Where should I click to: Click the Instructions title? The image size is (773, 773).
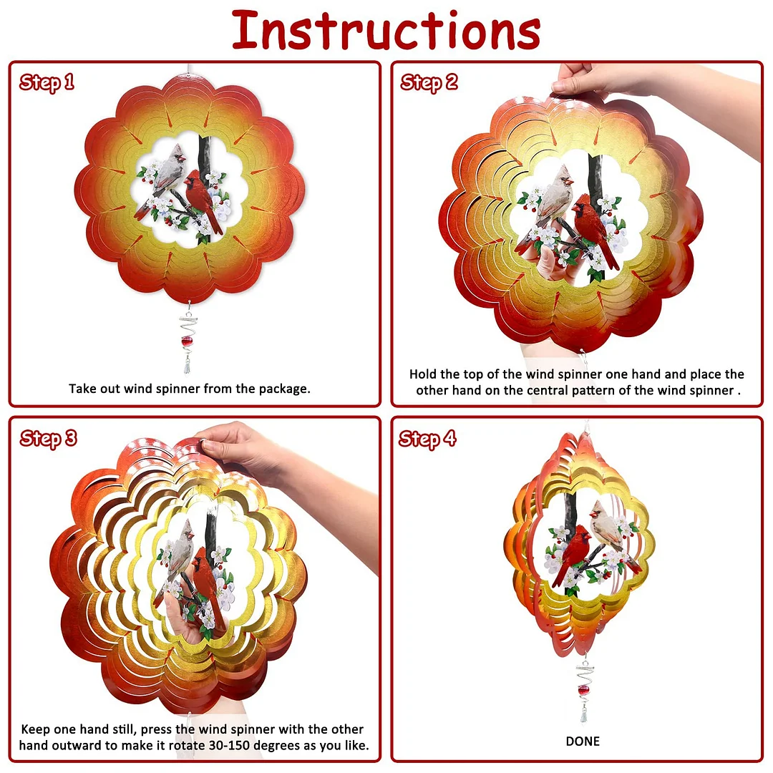click(386, 31)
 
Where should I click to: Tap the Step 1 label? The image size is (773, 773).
click(47, 82)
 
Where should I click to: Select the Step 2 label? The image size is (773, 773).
click(429, 82)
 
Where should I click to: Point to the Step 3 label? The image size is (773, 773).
click(49, 438)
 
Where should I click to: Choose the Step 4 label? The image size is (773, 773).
click(427, 439)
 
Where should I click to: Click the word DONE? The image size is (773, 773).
click(583, 742)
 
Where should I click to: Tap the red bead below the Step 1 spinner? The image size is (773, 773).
click(187, 341)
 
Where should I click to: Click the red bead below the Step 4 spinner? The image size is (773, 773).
click(584, 691)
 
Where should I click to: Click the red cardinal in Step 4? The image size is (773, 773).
click(573, 555)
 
